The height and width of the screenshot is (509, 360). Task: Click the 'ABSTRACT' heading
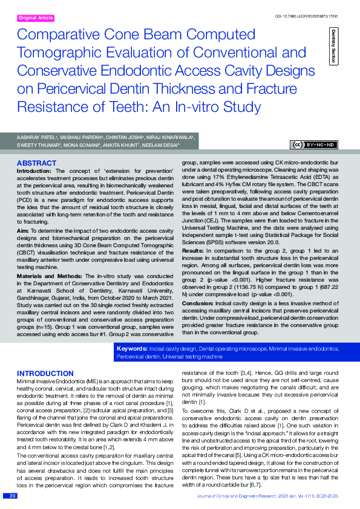click(36, 164)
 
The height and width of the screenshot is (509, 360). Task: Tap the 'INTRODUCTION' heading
click(45, 373)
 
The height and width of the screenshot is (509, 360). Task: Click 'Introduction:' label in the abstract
click(34, 172)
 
